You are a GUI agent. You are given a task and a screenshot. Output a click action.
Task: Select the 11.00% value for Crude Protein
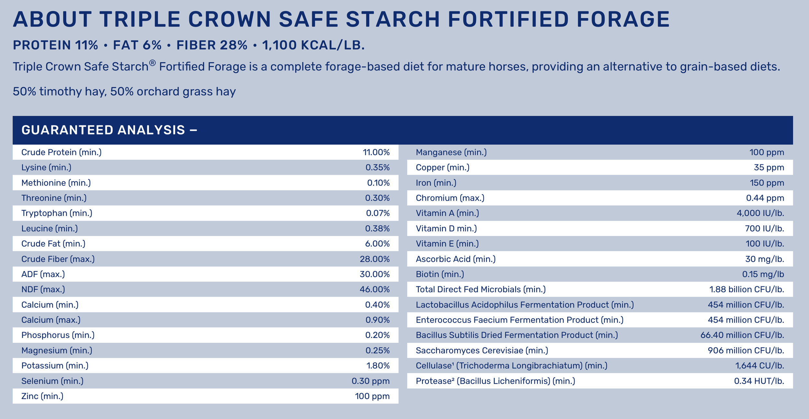pos(376,152)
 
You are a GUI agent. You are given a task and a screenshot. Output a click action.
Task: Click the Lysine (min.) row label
pos(46,168)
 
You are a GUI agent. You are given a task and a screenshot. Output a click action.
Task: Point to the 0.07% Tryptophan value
pos(378,213)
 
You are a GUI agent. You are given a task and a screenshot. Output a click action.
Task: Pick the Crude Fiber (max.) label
pos(58,259)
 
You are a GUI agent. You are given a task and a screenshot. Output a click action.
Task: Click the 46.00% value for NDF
pos(374,289)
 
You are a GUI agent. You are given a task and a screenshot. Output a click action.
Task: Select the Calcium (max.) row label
pos(51,320)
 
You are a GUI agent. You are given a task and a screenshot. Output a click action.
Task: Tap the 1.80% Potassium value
pos(378,366)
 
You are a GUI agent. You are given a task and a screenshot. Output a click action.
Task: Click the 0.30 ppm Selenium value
pos(371,381)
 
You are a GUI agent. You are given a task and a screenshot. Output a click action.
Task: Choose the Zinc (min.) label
pos(42,396)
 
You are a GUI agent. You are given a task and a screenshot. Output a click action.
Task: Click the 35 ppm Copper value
pos(769,168)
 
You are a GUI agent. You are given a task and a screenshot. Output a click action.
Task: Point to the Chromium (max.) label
pos(450,198)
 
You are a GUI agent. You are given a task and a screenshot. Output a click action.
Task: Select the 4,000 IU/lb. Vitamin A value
pos(760,213)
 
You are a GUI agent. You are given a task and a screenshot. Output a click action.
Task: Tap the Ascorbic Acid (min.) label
pos(455,259)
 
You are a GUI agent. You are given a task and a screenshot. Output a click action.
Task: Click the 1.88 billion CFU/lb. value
pos(747,289)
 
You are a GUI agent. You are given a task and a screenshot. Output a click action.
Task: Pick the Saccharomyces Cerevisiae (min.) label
pos(482,351)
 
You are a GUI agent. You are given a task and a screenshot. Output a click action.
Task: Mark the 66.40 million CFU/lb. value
pos(742,335)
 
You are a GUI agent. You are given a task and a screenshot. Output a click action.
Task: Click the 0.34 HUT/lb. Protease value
pos(759,381)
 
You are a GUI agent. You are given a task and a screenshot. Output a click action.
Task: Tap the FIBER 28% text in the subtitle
pos(212,45)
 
